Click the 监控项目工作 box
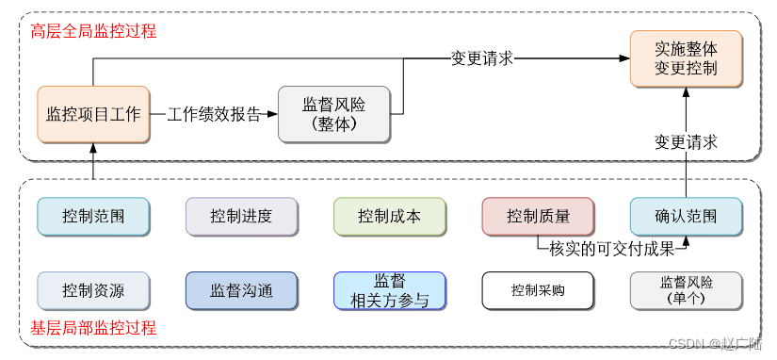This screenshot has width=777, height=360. pos(93,114)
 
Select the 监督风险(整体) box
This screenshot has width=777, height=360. pos(335,114)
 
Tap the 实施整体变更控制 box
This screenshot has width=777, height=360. pos(686,57)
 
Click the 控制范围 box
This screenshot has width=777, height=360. pos(93,216)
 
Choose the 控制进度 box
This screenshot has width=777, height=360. pos(241,216)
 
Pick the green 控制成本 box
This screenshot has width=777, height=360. pos(389,216)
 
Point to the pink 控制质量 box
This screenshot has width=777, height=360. pos(538,216)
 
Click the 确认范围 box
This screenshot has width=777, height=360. pos(686,216)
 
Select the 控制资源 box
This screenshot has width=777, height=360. pos(93,290)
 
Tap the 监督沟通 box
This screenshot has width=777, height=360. pos(241,290)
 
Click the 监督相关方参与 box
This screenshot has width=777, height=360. pos(389,290)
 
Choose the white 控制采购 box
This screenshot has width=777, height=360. pos(538,290)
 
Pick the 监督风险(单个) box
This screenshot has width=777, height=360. pos(686,290)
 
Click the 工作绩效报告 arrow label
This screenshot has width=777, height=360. pos(214,114)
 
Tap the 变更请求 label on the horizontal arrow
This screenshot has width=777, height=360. pos(481,58)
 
